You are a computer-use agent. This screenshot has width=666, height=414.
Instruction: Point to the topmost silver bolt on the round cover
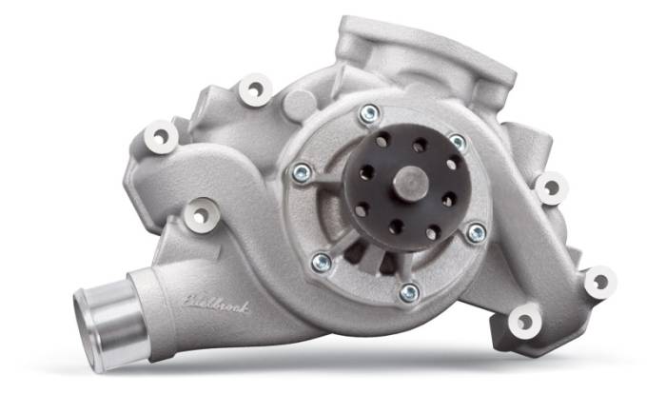click(367, 115)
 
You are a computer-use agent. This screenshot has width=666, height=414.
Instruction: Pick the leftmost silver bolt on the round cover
click(302, 173)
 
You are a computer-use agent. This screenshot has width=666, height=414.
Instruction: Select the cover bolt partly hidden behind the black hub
click(458, 142)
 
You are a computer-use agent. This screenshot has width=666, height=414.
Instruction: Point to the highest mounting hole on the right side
click(550, 187)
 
